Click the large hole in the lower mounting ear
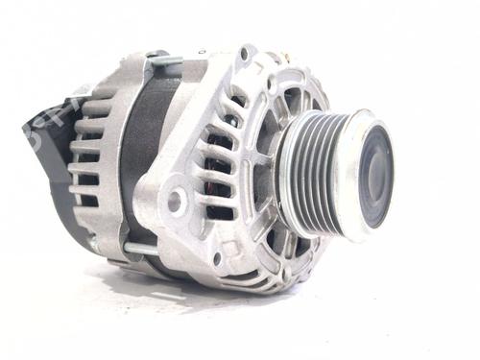[x=175, y=203]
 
